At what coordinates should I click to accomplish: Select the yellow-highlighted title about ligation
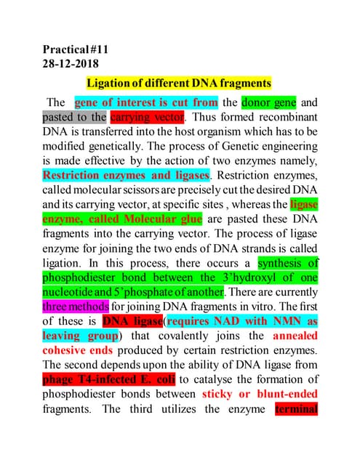point(179,84)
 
